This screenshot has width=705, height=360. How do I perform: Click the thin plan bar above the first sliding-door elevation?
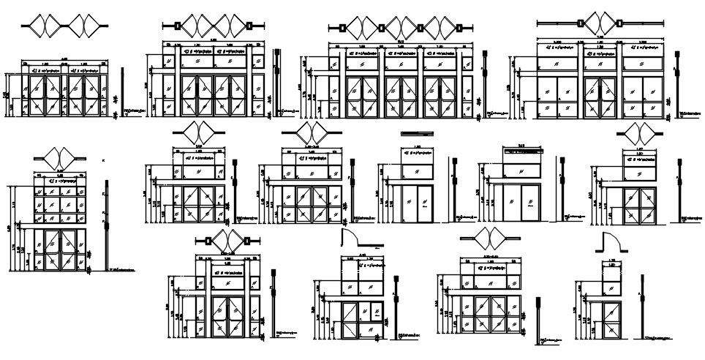(x=417, y=132)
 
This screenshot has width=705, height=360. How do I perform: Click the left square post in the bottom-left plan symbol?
(x=207, y=241)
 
